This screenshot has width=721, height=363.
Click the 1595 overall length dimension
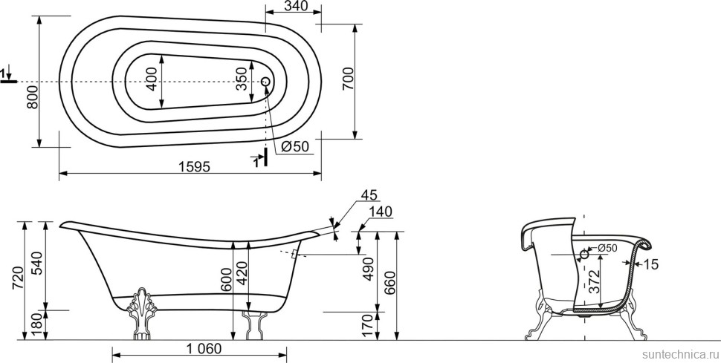click(x=194, y=166)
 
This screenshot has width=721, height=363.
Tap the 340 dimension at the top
click(x=296, y=6)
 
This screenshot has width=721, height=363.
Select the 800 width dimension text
click(x=32, y=97)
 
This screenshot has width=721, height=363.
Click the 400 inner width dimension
click(x=152, y=79)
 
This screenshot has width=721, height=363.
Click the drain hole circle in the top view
click(x=265, y=82)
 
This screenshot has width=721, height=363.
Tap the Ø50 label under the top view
click(x=295, y=146)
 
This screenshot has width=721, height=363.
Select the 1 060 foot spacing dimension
click(x=204, y=349)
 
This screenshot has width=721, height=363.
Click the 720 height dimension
click(x=17, y=278)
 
